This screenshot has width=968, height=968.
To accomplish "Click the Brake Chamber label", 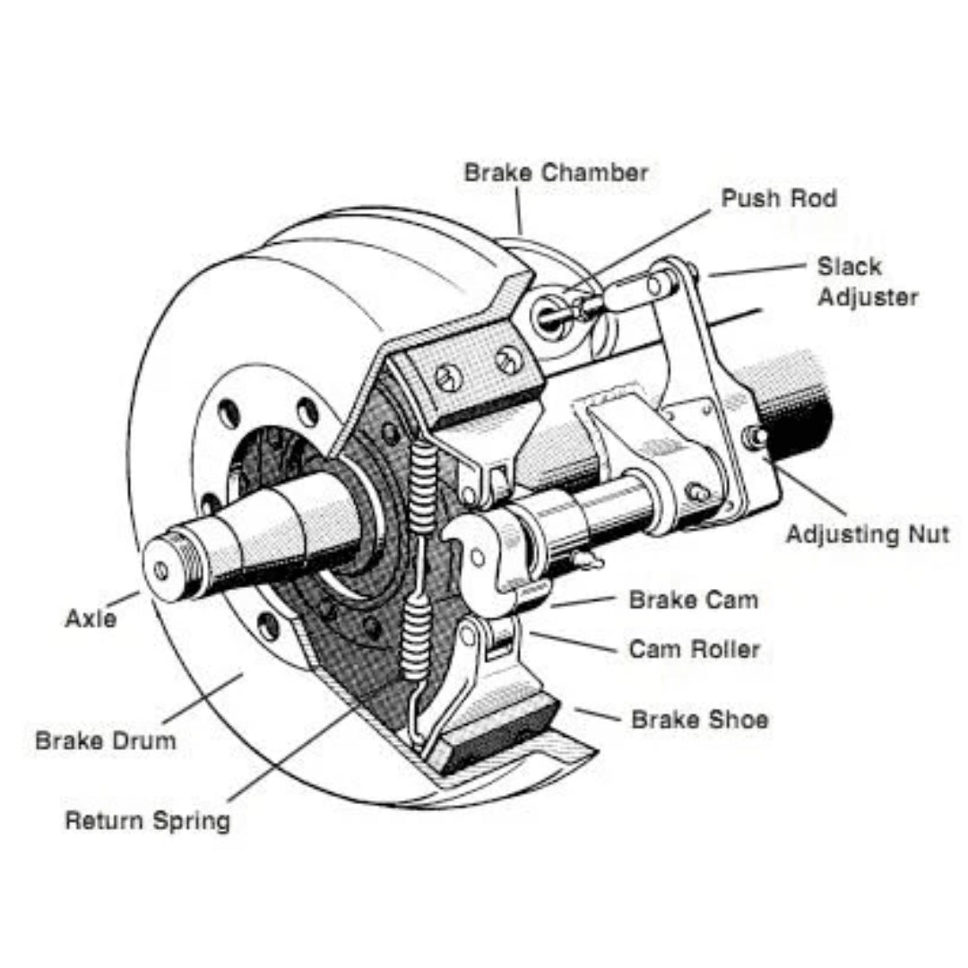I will tap(556, 173).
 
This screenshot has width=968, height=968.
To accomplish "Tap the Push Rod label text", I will tap(778, 198).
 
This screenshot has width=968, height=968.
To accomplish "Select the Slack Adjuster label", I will tap(866, 281).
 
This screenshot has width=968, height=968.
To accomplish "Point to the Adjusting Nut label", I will tap(867, 535).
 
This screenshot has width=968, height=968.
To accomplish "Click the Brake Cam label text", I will tap(693, 600).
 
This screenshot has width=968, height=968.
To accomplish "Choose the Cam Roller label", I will tap(694, 649).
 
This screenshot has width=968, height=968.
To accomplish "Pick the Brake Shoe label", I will tap(699, 719).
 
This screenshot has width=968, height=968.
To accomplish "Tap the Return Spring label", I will tap(147, 820).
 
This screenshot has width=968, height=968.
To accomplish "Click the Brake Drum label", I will tap(106, 741).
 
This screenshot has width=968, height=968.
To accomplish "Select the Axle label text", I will tap(91, 618).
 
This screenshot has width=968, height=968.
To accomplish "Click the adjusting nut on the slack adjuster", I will tap(755, 436).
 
